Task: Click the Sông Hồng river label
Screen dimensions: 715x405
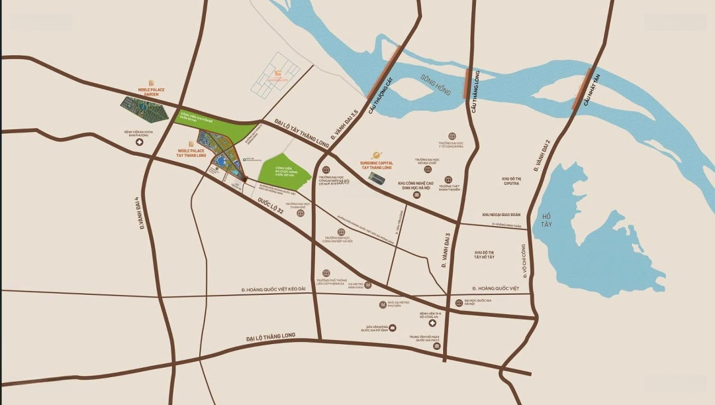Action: pos(435,85)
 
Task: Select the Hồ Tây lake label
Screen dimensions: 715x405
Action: pos(547,220)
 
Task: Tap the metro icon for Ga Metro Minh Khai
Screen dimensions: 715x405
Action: pos(369,285)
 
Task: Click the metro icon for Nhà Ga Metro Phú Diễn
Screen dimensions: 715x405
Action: pos(383,305)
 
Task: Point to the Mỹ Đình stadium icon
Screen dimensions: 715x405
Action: pos(393,327)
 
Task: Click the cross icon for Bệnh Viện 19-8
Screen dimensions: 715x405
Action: pos(432,323)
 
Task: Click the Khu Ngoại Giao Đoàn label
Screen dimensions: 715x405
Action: pos(501,215)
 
